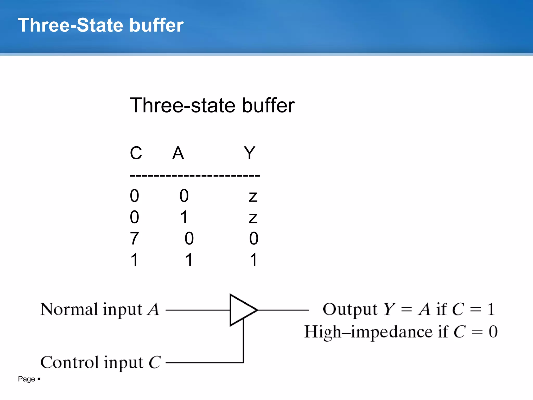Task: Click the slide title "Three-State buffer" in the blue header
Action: tap(100, 25)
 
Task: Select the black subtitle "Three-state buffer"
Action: tap(212, 105)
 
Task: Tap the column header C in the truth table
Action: tap(136, 153)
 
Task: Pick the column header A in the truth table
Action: tap(178, 153)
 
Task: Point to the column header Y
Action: tap(249, 153)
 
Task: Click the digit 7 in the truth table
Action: tap(134, 239)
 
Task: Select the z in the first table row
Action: tap(253, 196)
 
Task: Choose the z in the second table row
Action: tap(253, 218)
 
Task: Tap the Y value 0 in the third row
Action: tap(254, 239)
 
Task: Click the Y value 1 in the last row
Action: tap(253, 260)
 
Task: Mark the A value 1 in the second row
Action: tap(184, 217)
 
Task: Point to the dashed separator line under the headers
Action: tap(195, 176)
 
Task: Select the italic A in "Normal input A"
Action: tap(153, 309)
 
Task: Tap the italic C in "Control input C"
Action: tap(155, 362)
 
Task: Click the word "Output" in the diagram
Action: tap(350, 309)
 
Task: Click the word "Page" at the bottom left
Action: tap(26, 379)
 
